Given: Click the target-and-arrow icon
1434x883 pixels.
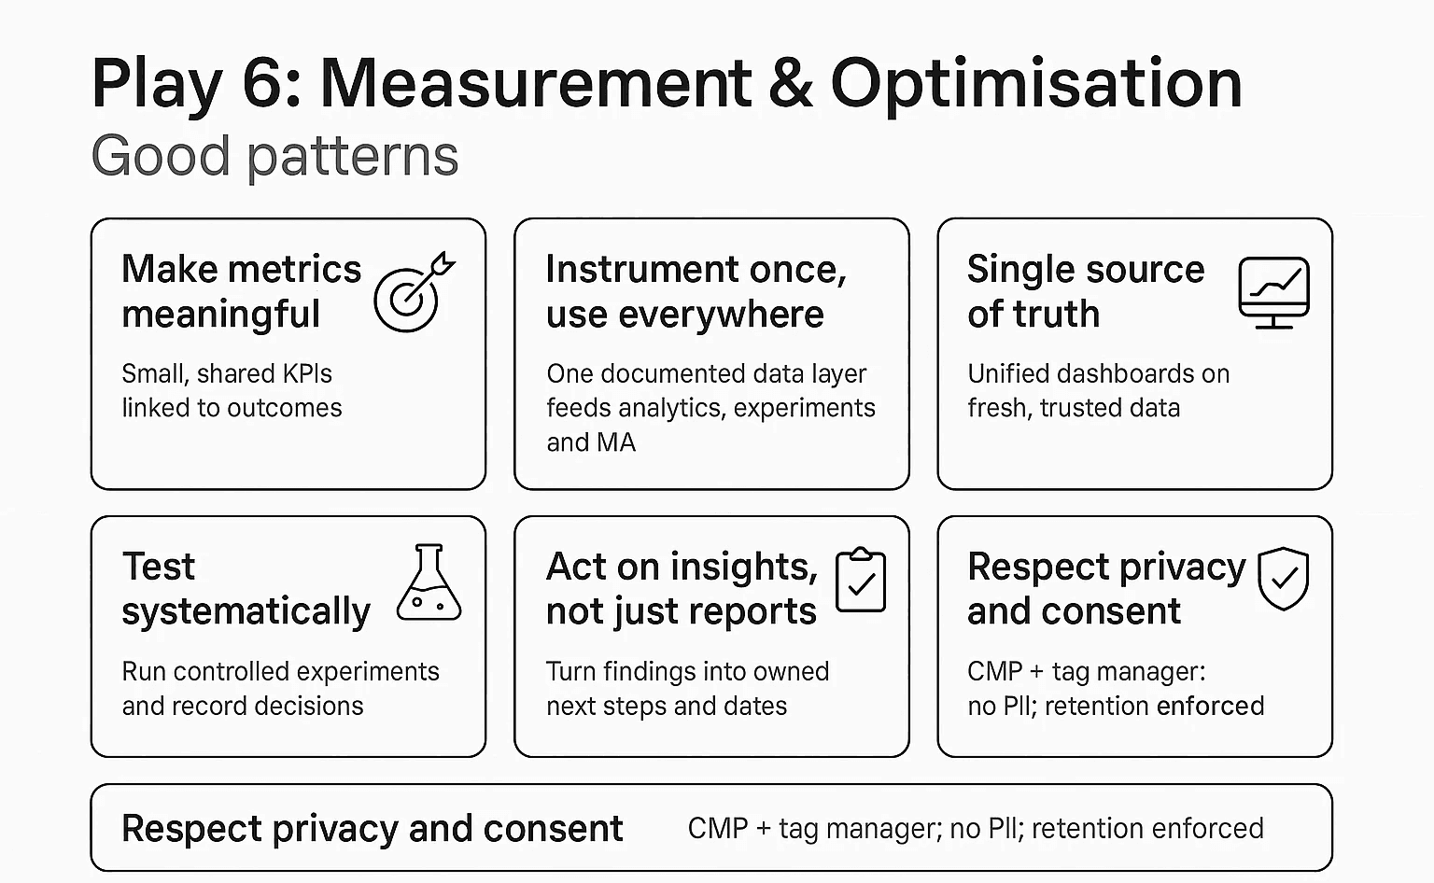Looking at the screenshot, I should click(413, 293).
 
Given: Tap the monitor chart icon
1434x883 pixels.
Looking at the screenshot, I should click(1273, 292).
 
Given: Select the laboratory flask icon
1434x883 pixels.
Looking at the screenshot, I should click(429, 584).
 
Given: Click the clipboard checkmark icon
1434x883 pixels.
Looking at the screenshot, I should click(860, 581).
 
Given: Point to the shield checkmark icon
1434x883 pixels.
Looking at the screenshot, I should click(1283, 579).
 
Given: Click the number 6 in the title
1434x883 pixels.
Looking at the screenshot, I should click(264, 84).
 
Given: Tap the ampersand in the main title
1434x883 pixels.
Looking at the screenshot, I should click(790, 84).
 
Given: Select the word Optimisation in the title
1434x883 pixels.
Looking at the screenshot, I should click(1036, 84).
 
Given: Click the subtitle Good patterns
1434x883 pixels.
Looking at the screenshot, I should click(274, 156).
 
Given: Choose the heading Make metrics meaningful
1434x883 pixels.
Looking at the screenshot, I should click(241, 291).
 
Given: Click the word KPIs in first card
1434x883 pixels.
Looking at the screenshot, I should click(306, 373).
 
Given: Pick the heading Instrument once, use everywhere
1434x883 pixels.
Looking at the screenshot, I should click(696, 291).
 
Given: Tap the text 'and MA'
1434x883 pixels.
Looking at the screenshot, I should click(590, 442).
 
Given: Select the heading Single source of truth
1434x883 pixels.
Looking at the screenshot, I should click(1085, 291).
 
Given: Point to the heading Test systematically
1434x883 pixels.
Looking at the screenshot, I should click(246, 589).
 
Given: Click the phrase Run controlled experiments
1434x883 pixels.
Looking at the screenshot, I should click(280, 671).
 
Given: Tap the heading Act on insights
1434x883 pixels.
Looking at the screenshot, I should click(682, 567).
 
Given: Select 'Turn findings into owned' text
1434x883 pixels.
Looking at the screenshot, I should click(687, 671).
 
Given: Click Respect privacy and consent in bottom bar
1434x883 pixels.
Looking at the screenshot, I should click(372, 829).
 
